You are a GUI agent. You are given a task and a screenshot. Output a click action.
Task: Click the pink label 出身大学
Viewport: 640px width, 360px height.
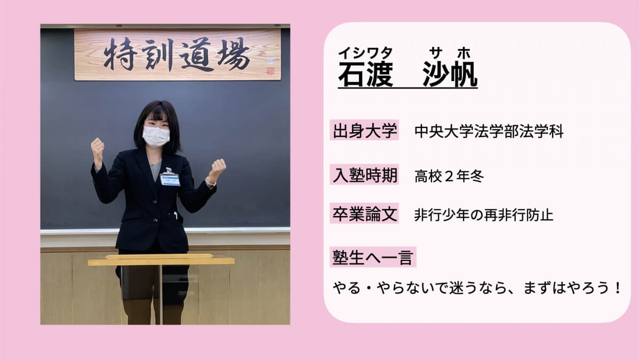[x=364, y=130]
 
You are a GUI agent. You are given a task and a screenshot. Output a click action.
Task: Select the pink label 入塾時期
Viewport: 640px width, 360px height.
[x=364, y=174]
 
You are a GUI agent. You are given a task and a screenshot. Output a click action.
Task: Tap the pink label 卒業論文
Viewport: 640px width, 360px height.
[x=364, y=213]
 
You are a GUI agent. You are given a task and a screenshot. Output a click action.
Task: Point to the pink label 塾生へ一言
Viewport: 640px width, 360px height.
[x=373, y=257]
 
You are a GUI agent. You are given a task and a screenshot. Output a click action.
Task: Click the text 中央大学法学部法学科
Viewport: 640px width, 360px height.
[x=489, y=131]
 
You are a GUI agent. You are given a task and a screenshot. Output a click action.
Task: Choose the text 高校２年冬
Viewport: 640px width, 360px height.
[x=449, y=176]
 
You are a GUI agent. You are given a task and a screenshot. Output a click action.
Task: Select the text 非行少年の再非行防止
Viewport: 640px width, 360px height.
[x=484, y=215]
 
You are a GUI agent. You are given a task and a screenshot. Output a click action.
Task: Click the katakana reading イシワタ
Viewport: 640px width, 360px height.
[x=365, y=53]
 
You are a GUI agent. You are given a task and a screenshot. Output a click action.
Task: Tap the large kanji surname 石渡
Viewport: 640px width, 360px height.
[x=366, y=74]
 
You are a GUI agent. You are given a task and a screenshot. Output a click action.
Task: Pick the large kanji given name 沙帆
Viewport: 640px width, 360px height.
[x=450, y=74]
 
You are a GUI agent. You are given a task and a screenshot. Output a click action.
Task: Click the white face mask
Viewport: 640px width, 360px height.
[x=156, y=137]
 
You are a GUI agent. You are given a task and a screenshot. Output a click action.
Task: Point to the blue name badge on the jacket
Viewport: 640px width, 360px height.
[x=170, y=179]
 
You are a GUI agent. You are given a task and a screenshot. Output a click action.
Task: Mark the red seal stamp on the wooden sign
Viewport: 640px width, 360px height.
[x=270, y=70]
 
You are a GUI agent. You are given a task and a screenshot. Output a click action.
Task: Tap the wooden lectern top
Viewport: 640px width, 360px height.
[x=161, y=260]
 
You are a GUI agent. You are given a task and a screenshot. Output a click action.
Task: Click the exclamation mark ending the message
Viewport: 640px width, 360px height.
[x=618, y=287]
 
